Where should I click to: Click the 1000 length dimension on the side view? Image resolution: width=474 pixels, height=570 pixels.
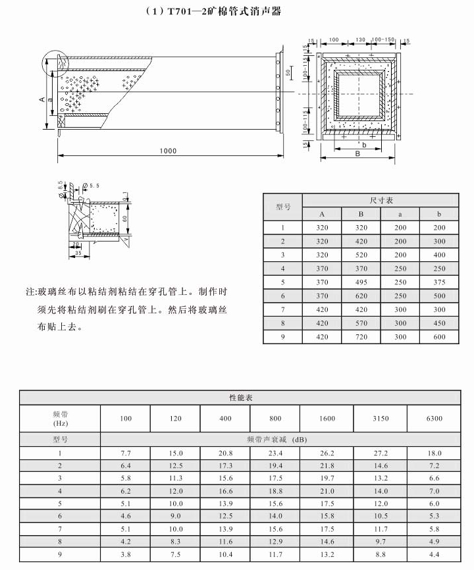pos(168,151)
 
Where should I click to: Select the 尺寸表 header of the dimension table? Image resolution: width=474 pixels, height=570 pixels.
pos(381,200)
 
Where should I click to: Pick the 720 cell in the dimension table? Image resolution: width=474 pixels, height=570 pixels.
pos(361,336)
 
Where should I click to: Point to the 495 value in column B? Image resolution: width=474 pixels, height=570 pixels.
pos(361,282)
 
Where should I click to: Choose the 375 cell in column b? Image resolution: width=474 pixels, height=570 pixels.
pos(440,282)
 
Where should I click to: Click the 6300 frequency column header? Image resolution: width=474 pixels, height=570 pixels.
pos(433,418)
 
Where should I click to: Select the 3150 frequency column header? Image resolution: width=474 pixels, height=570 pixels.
pos(381,418)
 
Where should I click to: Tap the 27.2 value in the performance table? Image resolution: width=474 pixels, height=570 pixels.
pos(381,453)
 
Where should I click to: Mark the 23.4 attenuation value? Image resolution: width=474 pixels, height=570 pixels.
pos(275,453)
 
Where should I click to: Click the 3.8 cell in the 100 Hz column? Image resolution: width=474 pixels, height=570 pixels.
pos(126,554)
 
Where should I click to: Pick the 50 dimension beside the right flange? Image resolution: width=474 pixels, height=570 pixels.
pos(288,72)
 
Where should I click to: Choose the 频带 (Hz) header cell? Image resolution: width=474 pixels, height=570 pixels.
pos(61,418)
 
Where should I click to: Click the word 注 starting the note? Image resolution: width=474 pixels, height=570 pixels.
pos(30,291)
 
